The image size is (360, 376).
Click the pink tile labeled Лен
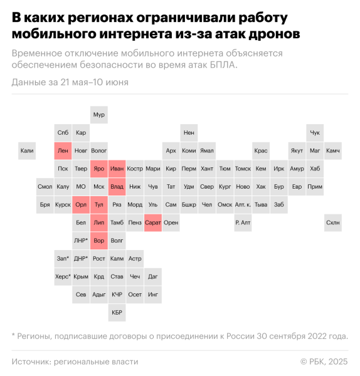coord(63,150)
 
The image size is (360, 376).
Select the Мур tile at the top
coord(99,115)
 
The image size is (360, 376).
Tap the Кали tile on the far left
coord(27,150)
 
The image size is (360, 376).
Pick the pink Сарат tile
coord(153,222)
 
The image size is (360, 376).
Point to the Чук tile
coord(315,133)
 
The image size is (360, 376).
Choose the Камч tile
coord(333,150)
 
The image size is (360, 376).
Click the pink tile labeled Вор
coord(99,240)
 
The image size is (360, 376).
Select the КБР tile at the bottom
coord(117,311)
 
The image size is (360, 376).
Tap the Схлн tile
coord(333,222)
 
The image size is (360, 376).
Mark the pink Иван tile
coord(117,169)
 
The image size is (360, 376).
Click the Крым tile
coord(81,276)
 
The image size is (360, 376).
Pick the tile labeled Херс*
coord(63,276)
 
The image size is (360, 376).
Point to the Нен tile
coord(189,133)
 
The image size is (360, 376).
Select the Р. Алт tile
coord(243,222)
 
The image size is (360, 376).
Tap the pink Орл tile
coord(81,204)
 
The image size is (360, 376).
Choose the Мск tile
coord(99,186)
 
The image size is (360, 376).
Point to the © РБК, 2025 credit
coord(324,362)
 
